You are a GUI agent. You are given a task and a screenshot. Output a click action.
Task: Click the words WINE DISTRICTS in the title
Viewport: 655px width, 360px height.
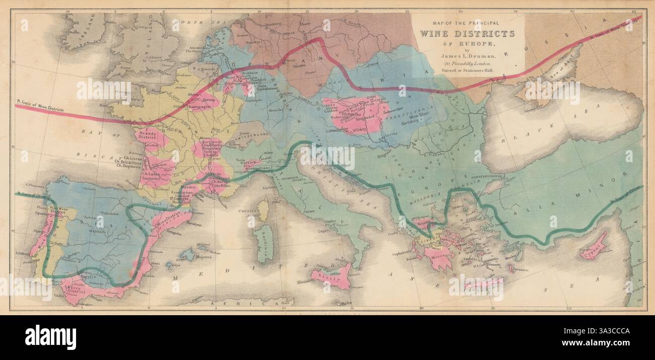point(468,34)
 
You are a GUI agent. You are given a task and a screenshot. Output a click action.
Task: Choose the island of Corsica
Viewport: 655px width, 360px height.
point(263,209)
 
